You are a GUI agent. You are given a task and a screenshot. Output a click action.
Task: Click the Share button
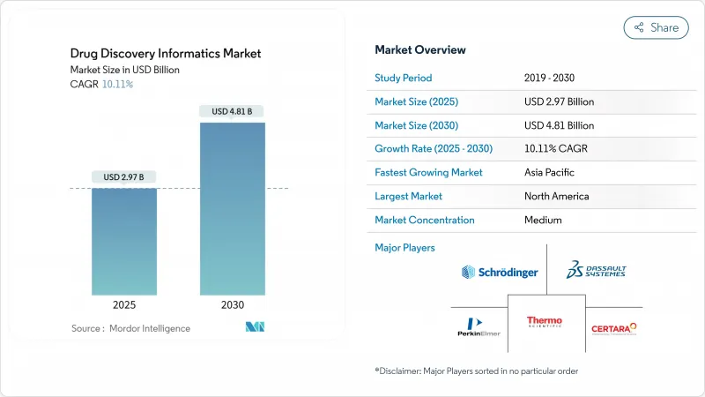(x=657, y=27)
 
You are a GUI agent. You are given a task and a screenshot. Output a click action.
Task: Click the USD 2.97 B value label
(x=124, y=177)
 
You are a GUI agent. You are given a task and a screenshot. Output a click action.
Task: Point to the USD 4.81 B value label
(x=233, y=111)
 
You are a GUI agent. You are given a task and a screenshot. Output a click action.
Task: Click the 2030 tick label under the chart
(x=233, y=304)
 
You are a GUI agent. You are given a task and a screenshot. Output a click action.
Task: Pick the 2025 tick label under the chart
(x=124, y=304)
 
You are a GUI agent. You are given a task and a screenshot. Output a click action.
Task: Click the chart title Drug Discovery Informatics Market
(x=166, y=54)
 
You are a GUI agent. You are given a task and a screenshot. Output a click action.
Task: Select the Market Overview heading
(x=420, y=50)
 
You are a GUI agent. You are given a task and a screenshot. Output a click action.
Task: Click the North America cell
(x=556, y=196)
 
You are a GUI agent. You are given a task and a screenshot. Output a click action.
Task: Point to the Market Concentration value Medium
(x=543, y=220)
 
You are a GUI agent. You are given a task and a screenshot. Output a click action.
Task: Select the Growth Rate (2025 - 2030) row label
(x=434, y=149)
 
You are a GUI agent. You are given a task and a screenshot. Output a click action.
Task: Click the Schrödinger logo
(x=500, y=273)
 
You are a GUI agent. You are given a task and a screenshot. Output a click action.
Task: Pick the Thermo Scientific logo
(x=545, y=325)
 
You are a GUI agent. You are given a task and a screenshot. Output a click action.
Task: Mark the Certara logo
(x=613, y=328)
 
